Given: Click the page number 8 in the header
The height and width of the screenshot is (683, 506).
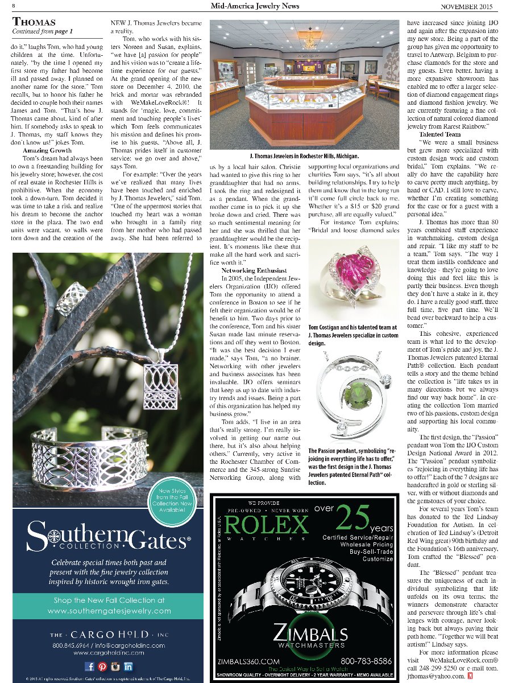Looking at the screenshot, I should [x=13, y=6].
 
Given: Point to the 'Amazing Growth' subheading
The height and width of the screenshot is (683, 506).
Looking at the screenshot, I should [x=47, y=151].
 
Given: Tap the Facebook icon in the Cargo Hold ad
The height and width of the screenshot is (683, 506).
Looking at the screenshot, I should [x=89, y=666].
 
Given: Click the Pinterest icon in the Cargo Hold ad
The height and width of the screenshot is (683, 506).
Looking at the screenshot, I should [x=102, y=666].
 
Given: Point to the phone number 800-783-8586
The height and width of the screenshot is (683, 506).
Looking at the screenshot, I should [x=366, y=661].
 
